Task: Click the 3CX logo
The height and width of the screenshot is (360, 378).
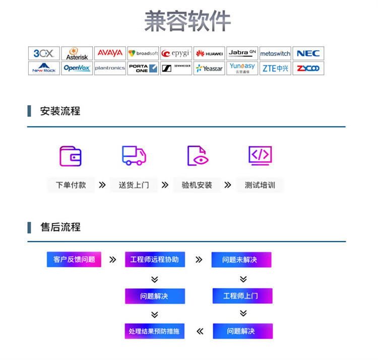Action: coord(44,53)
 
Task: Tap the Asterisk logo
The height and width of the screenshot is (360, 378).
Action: coord(77,53)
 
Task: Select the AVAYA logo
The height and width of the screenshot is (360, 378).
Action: coord(110,53)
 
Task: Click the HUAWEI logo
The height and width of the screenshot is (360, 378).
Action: coord(209,53)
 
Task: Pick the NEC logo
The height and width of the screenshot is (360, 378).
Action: coord(308,53)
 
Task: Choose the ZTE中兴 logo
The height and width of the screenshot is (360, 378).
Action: coord(275,68)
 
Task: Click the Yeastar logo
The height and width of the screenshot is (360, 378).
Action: coord(209,68)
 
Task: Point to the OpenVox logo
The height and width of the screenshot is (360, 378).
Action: coord(77,68)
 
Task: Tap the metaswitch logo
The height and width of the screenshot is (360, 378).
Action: coord(275,53)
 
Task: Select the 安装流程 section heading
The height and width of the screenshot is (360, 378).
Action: coord(60,111)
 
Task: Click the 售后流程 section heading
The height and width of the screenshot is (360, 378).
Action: coord(60,227)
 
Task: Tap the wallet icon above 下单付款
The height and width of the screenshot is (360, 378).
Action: coord(71,156)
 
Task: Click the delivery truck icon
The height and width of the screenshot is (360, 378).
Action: coord(134,156)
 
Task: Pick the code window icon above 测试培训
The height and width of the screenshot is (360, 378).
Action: coord(260,156)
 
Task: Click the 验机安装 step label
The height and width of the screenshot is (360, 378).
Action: coord(197,185)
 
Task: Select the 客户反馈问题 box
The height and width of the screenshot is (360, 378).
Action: coord(74,259)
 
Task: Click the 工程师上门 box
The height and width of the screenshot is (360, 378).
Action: coord(242,296)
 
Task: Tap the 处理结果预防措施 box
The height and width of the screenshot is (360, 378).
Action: coord(154,331)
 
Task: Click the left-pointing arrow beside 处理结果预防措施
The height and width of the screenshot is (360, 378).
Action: coord(200,331)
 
